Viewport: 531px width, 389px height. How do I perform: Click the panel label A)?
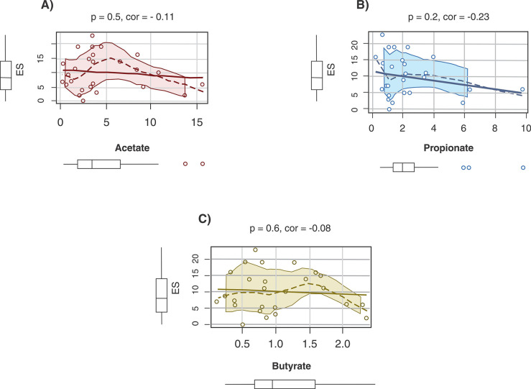coord(47,5)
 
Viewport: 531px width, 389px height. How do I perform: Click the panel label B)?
coord(363,5)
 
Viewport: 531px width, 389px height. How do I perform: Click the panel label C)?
coord(205,219)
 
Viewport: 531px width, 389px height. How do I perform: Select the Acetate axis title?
coord(132,147)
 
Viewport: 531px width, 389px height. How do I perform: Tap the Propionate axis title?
coord(448,148)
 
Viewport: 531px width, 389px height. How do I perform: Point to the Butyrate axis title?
coord(291,366)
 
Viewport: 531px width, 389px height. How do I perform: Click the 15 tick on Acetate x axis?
coord(197,122)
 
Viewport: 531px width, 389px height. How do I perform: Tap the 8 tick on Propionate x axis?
coord(495,129)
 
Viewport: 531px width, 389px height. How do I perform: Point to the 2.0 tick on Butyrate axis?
coord(342,344)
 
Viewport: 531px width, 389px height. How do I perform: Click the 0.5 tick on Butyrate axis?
coord(242,344)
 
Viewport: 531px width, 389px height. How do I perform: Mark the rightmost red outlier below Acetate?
coord(203,164)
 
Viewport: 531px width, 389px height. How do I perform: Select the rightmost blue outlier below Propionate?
coord(523,168)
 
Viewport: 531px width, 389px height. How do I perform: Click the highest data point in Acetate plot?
coord(92,35)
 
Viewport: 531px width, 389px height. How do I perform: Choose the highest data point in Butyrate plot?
coord(255,250)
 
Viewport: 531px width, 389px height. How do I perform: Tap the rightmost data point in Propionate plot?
coord(522,89)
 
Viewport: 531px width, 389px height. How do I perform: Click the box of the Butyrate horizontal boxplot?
coord(285,384)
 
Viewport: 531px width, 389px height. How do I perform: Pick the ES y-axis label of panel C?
coord(175,288)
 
